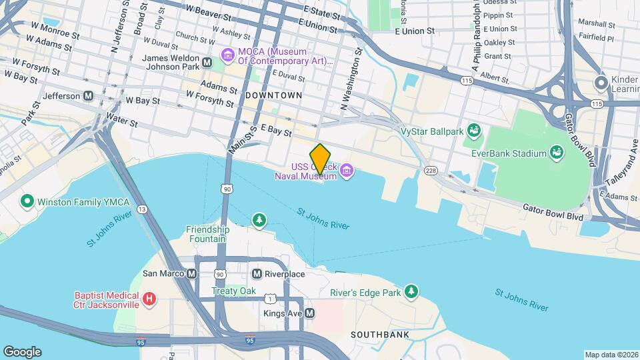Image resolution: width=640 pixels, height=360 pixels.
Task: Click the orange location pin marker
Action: tap(320, 159)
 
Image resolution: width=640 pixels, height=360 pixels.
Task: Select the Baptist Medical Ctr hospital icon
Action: tap(149, 299)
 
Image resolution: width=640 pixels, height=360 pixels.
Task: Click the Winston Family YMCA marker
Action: tap(27, 201)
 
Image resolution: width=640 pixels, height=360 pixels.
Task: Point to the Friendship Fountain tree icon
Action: tap(259, 219)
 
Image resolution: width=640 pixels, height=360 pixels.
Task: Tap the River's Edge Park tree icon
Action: tap(412, 292)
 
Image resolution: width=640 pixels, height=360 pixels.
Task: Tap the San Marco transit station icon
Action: tap(191, 274)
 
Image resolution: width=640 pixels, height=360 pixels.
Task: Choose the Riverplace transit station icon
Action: tap(257, 274)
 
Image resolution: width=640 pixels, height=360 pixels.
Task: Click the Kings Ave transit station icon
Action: tap(309, 313)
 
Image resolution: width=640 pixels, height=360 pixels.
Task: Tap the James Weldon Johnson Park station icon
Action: tap(207, 63)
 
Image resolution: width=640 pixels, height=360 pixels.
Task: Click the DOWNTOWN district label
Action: tap(273, 95)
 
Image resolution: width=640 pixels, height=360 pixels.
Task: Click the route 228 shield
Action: tap(431, 171)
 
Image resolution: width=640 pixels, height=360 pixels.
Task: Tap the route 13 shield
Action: tap(142, 209)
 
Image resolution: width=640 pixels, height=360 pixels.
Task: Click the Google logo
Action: tap(22, 352)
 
